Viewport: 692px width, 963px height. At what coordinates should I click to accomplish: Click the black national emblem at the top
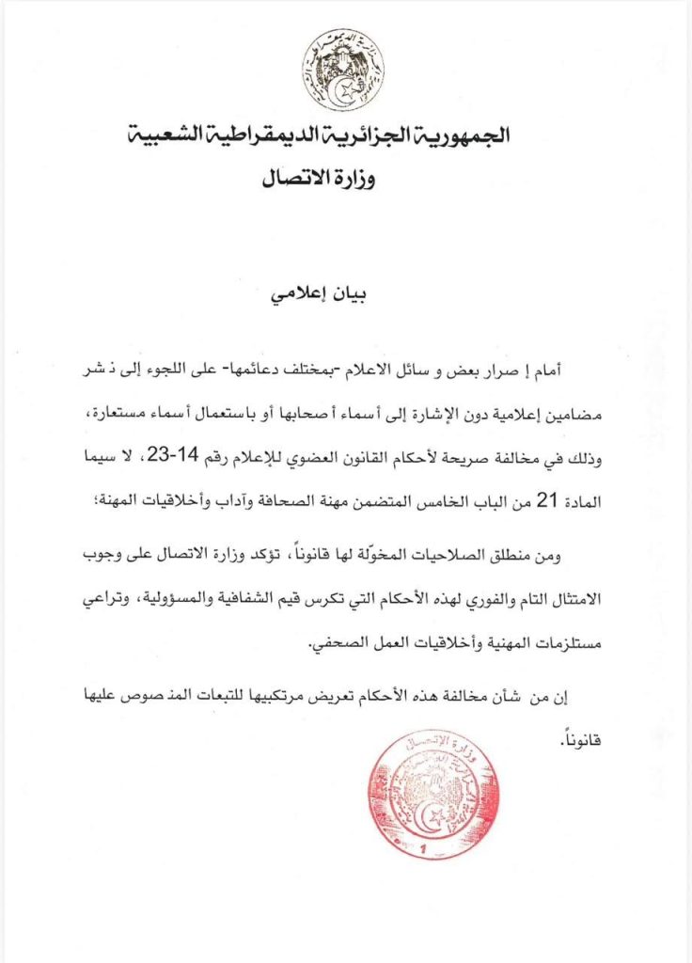342,69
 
